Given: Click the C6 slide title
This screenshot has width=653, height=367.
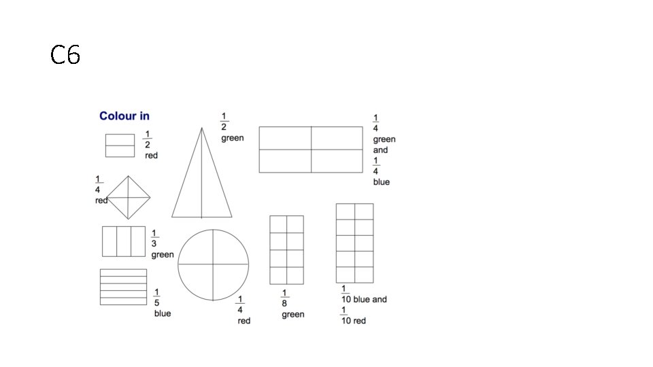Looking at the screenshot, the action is click(65, 55).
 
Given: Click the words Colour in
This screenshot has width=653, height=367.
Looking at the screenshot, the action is click(124, 116).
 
